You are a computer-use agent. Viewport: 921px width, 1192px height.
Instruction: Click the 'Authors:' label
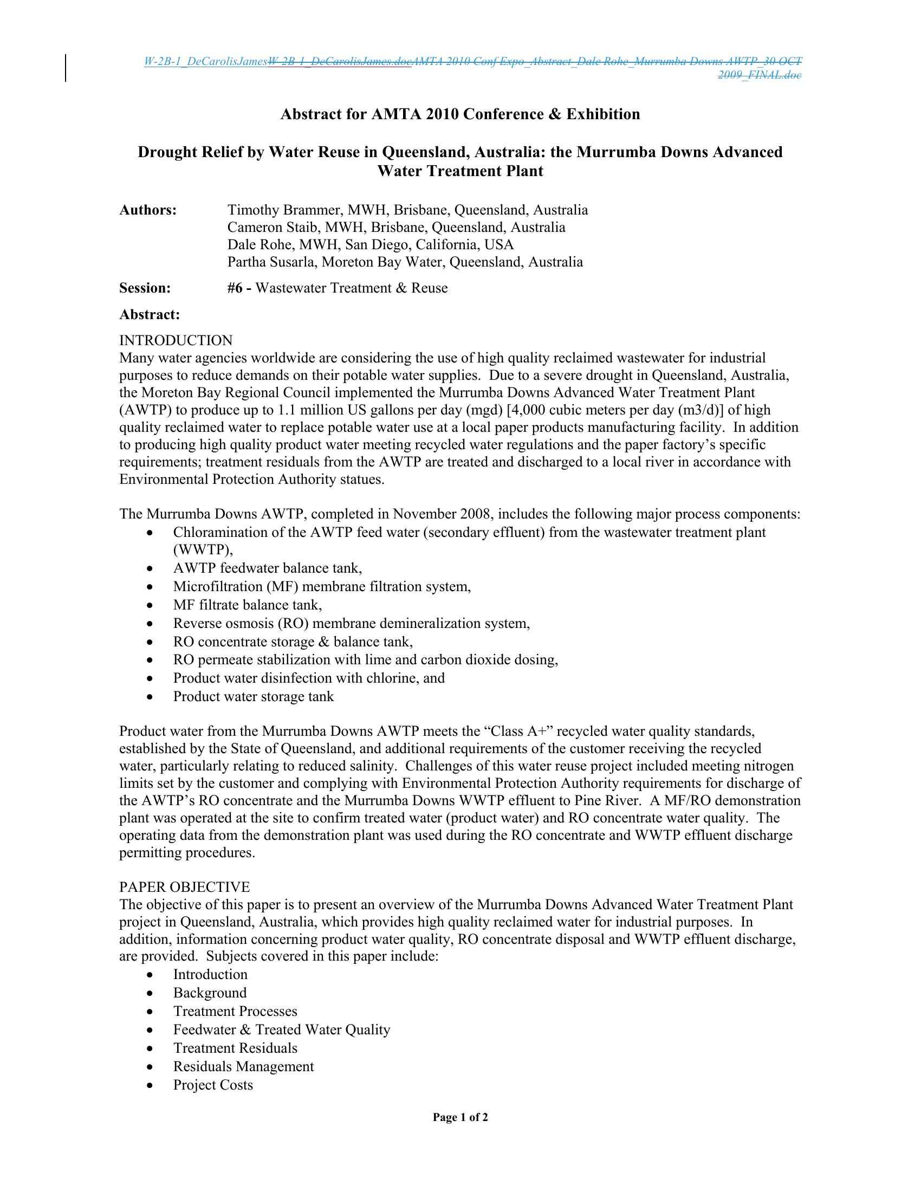pyautogui.click(x=148, y=210)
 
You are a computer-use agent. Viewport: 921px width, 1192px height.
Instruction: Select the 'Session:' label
pyautogui.click(x=145, y=288)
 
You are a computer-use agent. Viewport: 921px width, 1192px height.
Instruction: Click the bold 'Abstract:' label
pyautogui.click(x=150, y=314)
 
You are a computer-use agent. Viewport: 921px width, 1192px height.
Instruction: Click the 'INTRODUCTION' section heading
pyautogui.click(x=176, y=341)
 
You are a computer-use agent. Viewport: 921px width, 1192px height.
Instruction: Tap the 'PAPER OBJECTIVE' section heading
pyautogui.click(x=184, y=887)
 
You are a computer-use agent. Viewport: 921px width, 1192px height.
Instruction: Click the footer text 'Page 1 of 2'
pyautogui.click(x=460, y=1117)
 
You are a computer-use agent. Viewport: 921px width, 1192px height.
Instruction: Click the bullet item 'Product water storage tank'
pyautogui.click(x=253, y=696)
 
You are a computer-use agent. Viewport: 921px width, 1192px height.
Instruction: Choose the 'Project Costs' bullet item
pyautogui.click(x=213, y=1085)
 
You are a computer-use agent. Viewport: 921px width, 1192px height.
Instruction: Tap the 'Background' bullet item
pyautogui.click(x=210, y=993)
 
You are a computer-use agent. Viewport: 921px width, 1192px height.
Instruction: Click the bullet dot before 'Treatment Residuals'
pyautogui.click(x=151, y=1048)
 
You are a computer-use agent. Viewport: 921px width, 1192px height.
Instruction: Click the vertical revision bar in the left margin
pyautogui.click(x=66, y=68)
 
